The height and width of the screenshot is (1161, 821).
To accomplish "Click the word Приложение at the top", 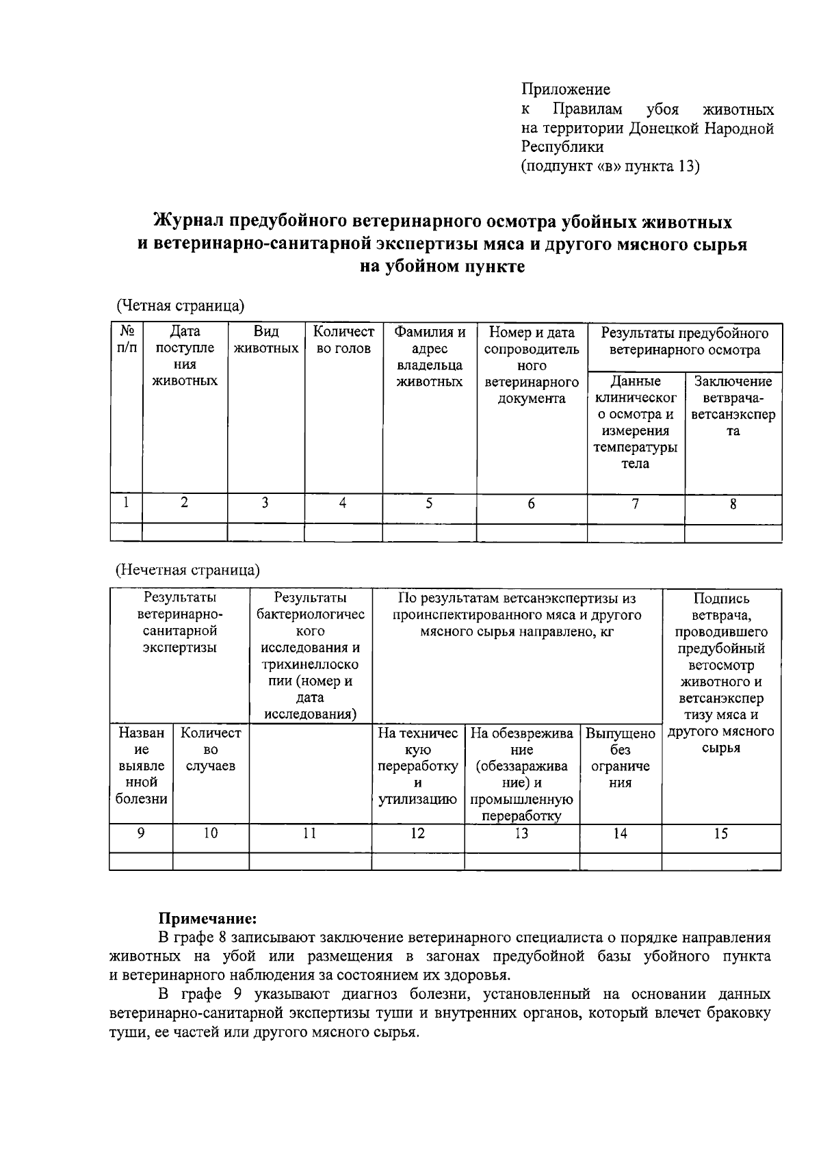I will tap(566, 90).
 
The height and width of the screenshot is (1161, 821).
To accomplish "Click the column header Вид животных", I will tap(265, 340).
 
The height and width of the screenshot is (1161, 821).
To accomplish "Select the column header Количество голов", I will tap(343, 340).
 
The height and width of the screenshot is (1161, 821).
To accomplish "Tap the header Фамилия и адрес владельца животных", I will tap(429, 356).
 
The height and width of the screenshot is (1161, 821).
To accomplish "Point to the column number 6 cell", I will tap(531, 505).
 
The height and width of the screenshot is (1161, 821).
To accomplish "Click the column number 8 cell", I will tap(733, 505).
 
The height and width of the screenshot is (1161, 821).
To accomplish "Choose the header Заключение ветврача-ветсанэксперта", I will tap(733, 406).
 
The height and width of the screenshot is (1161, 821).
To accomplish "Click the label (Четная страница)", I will tap(180, 304).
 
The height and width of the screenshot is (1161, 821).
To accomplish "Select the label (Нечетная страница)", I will tap(187, 570).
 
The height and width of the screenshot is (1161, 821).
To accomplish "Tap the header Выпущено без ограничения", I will tap(620, 758).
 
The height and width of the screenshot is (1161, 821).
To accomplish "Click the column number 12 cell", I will tap(417, 833).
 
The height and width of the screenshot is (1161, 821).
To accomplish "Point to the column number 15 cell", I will tap(720, 833).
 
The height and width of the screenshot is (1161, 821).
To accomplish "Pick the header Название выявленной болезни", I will tap(141, 766).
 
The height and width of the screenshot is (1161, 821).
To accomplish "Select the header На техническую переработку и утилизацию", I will tap(417, 766).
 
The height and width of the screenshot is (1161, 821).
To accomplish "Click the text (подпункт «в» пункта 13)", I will tap(610, 166).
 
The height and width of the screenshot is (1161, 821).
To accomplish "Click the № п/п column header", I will tap(126, 340).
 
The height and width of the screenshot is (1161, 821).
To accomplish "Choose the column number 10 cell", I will tap(210, 833).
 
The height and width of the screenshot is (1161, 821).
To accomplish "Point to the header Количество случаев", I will tap(210, 749).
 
